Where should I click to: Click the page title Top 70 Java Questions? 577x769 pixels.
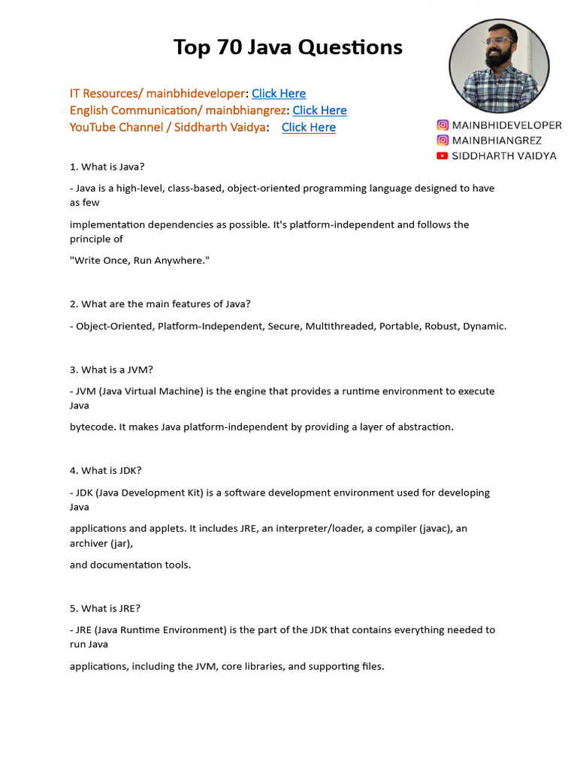point(288,47)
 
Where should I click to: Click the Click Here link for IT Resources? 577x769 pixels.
point(279,93)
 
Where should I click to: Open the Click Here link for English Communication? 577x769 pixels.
point(319,110)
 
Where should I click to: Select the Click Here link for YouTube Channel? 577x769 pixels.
point(309,127)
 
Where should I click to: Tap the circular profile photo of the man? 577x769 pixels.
point(499,67)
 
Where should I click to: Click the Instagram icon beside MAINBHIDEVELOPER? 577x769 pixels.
point(443,125)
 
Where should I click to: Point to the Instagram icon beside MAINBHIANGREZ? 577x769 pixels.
point(443,140)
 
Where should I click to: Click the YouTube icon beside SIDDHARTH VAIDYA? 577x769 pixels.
point(443,155)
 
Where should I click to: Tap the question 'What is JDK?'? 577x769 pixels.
point(105,471)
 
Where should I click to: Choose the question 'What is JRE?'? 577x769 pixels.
point(104,608)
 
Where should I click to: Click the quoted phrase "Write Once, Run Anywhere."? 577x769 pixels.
point(140,260)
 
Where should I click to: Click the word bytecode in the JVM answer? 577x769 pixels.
point(92,427)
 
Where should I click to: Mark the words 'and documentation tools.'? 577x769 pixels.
point(130,565)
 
